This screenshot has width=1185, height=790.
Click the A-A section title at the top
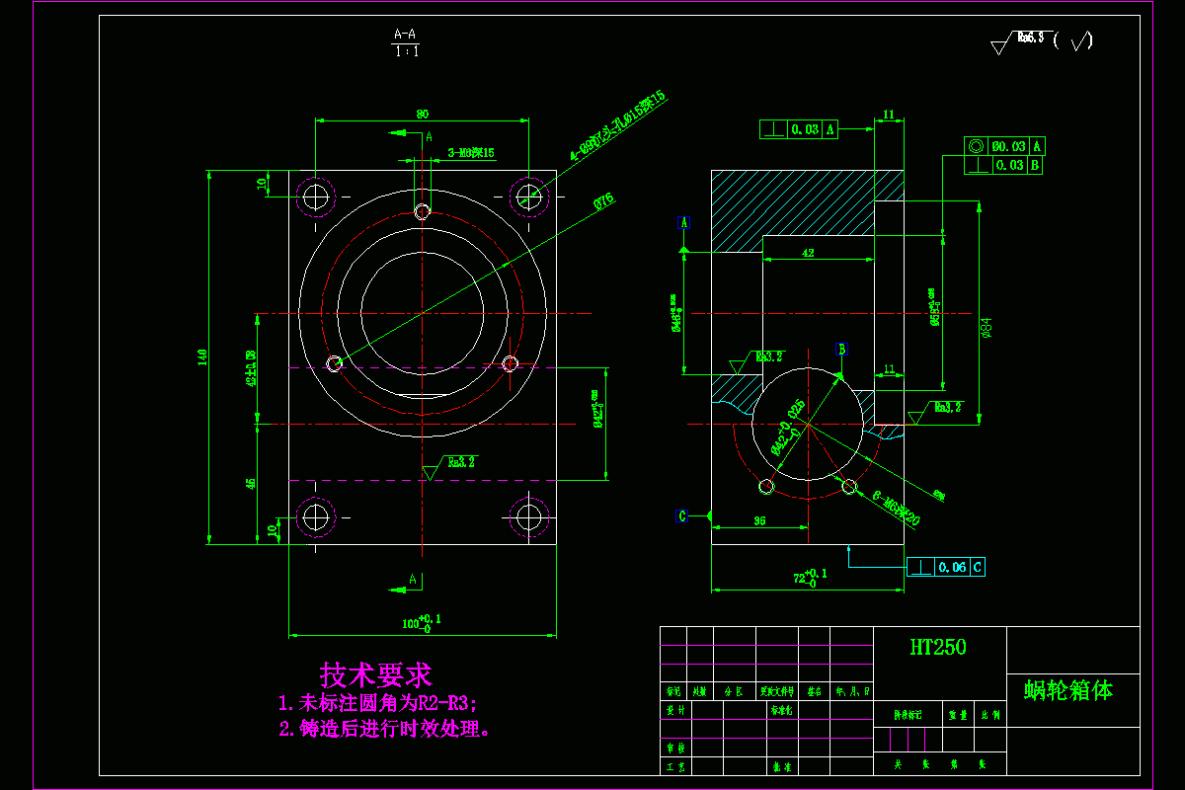(x=405, y=35)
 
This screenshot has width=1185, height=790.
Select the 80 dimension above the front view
(x=423, y=115)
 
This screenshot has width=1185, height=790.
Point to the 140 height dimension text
(x=202, y=356)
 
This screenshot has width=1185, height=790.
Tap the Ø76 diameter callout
(x=602, y=201)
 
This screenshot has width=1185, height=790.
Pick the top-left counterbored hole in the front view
(x=316, y=197)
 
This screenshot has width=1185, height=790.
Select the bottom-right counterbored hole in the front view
(x=529, y=515)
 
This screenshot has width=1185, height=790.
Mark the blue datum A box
(x=683, y=222)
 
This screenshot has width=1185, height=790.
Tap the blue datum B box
(x=841, y=349)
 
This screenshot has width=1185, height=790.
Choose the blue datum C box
(x=681, y=515)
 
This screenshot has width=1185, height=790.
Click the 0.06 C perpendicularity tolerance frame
(x=945, y=567)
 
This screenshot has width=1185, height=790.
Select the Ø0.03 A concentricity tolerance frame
(x=1003, y=146)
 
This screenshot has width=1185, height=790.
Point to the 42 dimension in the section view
(x=808, y=254)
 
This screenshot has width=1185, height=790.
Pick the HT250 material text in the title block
(x=938, y=648)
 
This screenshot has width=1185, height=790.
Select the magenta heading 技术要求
(x=375, y=675)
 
